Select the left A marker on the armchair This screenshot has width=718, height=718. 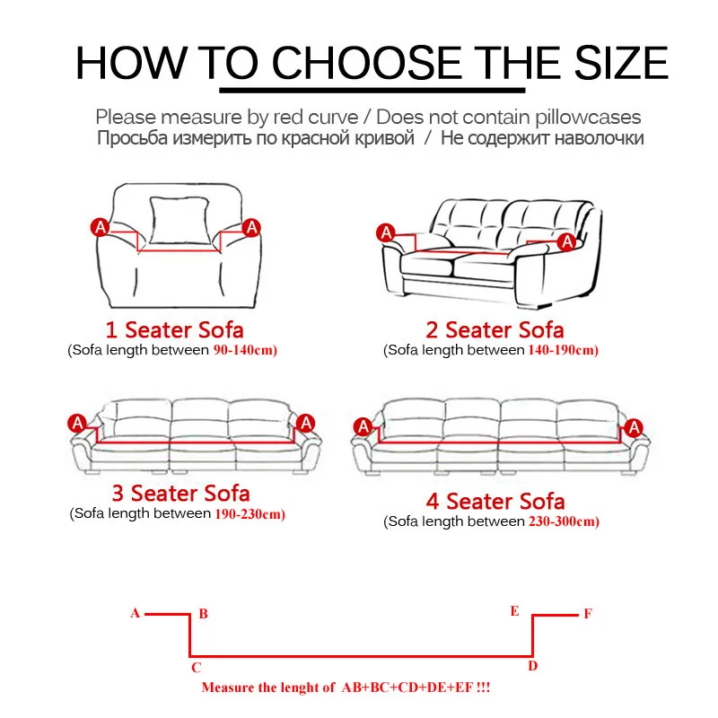(x=101, y=227)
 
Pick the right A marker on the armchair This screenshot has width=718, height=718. (x=252, y=227)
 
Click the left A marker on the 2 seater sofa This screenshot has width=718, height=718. (x=386, y=232)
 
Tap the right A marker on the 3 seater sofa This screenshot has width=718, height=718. (x=306, y=422)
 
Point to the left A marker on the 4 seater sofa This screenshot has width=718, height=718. (x=363, y=425)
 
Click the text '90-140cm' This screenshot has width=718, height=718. (x=245, y=350)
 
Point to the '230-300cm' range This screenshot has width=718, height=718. (x=564, y=521)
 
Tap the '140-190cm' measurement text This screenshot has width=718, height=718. (x=562, y=350)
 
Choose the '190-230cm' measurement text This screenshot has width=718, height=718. (x=250, y=514)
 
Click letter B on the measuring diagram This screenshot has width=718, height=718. (x=204, y=614)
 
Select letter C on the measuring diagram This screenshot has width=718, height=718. (x=196, y=667)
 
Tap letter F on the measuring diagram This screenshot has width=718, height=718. (x=588, y=614)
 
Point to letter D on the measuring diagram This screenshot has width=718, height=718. (x=532, y=665)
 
